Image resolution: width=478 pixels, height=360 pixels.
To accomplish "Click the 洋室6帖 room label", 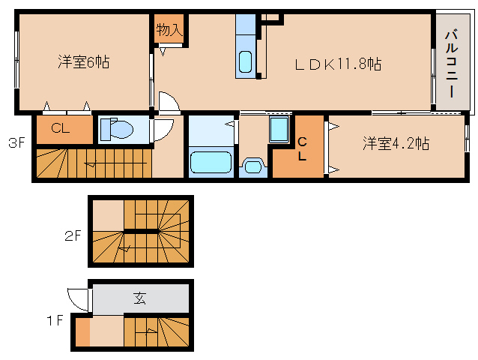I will click(x=83, y=62).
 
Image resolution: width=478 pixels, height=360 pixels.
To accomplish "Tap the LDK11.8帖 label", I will click(x=337, y=64).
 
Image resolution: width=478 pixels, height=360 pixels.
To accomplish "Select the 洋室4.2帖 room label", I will click(x=396, y=143).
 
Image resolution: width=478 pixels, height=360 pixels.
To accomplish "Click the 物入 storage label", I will click(x=169, y=30).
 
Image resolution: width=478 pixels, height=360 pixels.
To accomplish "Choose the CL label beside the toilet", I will click(x=61, y=128).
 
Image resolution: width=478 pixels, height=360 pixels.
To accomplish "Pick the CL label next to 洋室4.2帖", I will click(x=301, y=148).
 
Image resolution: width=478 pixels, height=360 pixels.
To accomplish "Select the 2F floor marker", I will click(x=72, y=235).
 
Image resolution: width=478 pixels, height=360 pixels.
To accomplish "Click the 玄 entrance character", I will click(x=140, y=298).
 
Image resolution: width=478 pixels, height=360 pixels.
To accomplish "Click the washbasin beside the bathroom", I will click(x=252, y=165).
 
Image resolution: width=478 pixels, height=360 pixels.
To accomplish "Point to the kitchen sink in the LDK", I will click(x=245, y=61).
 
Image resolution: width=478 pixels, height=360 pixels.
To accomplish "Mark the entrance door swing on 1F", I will click(x=78, y=299).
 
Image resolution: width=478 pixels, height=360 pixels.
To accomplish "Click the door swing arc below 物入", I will click(x=168, y=103).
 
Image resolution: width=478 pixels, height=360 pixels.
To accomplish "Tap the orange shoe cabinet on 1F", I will click(x=82, y=331).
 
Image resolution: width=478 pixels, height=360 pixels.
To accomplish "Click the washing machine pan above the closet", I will click(x=279, y=130).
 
